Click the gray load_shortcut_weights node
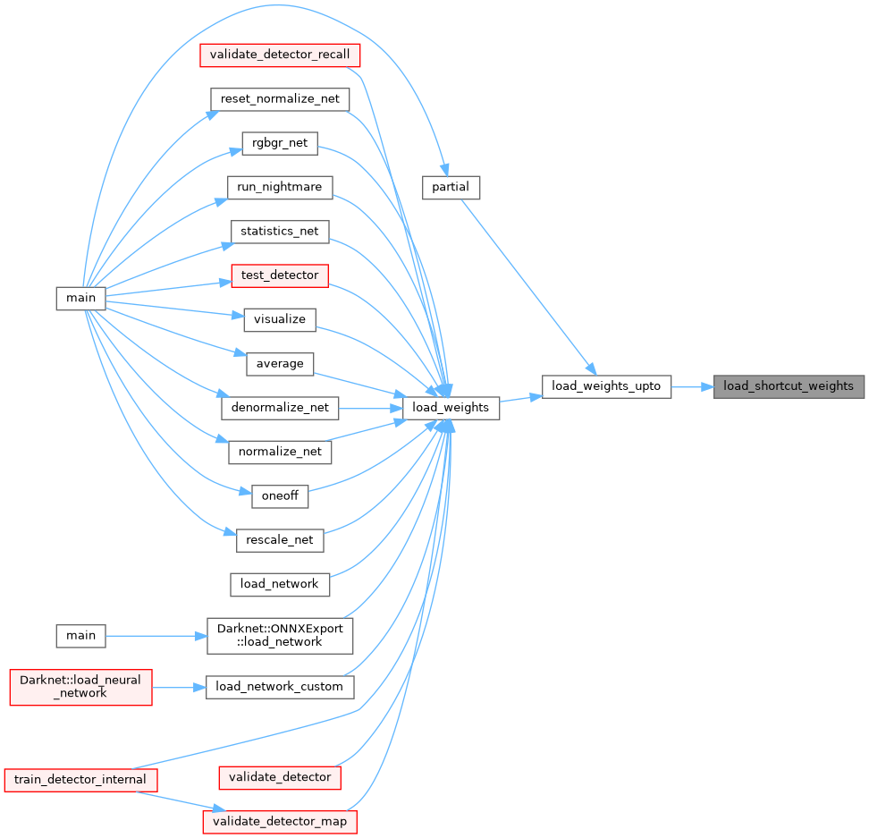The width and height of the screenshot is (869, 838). pyautogui.click(x=789, y=386)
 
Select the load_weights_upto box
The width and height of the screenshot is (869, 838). pyautogui.click(x=606, y=386)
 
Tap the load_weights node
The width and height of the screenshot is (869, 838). pyautogui.click(x=451, y=408)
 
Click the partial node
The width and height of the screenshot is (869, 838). pyautogui.click(x=451, y=187)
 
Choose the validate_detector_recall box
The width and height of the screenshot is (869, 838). pyautogui.click(x=279, y=55)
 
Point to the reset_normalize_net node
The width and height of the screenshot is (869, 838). pyautogui.click(x=279, y=98)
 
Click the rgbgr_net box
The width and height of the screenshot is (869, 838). pyautogui.click(x=280, y=143)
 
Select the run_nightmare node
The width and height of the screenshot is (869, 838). pyautogui.click(x=280, y=187)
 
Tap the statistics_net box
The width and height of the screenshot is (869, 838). pyautogui.click(x=280, y=231)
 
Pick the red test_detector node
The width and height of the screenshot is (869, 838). pyautogui.click(x=280, y=275)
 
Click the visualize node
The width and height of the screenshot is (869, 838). pyautogui.click(x=280, y=319)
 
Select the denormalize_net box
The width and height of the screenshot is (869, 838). pyautogui.click(x=280, y=408)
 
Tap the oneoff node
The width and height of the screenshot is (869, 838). pyautogui.click(x=280, y=496)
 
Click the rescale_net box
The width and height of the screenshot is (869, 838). pyautogui.click(x=280, y=540)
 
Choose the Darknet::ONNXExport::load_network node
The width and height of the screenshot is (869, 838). pyautogui.click(x=280, y=636)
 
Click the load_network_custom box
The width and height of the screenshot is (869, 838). pyautogui.click(x=280, y=687)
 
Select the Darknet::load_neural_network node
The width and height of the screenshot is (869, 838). pyautogui.click(x=80, y=687)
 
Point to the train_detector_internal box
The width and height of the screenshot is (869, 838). pyautogui.click(x=80, y=779)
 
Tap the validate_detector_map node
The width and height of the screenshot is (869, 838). pyautogui.click(x=280, y=821)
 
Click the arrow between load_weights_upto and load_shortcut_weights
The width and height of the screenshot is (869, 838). pyautogui.click(x=692, y=386)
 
